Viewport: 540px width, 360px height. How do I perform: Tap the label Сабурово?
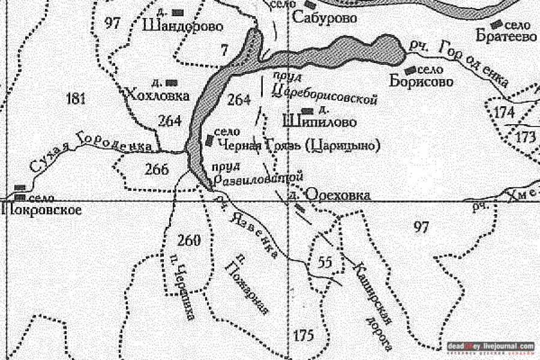click(x=325, y=19)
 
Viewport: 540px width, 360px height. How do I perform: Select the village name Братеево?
click(x=507, y=37)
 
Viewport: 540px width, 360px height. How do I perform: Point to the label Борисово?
click(x=421, y=82)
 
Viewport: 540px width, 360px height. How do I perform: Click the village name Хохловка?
click(x=158, y=95)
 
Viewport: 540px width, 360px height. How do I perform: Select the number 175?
click(x=304, y=335)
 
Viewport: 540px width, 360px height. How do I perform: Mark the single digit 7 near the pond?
click(x=224, y=50)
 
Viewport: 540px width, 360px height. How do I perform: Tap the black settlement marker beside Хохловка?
click(x=173, y=82)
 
